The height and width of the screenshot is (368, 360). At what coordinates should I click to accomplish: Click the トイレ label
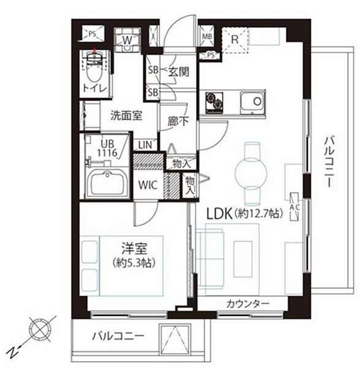point(94,88)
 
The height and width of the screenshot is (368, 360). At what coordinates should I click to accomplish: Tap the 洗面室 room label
point(126,115)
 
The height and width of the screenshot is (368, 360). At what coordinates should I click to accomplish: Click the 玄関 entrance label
point(178,71)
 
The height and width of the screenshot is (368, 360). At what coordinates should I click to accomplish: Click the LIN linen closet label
point(145,145)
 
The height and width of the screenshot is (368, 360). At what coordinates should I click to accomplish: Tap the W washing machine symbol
point(127,40)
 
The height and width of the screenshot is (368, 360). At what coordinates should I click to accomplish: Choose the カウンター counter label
point(248,304)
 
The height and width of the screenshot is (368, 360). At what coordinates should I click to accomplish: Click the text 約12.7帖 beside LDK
point(256,214)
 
